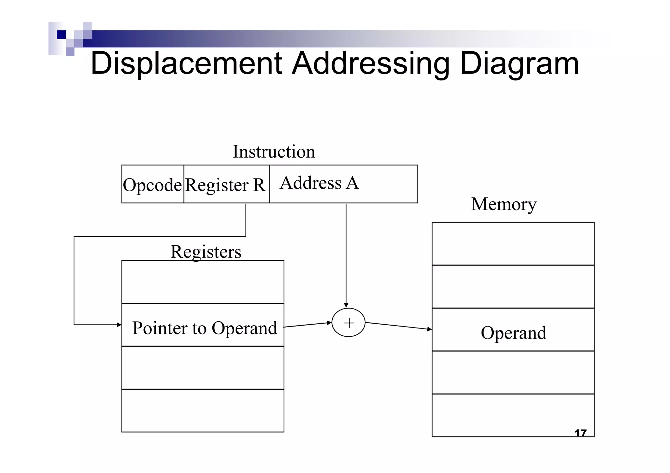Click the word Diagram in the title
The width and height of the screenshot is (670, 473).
519,64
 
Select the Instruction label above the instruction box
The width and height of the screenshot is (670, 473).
274,152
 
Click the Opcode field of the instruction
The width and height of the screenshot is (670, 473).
152,185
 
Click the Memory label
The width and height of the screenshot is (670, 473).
504,204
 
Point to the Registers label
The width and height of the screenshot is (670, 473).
206,252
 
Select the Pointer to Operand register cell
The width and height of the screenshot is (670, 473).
204,328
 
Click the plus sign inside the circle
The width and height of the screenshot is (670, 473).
349,323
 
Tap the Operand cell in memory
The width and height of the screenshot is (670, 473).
513,333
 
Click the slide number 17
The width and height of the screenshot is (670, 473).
580,433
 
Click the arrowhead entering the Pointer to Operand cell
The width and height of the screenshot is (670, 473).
119,325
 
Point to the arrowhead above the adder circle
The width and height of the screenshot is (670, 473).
346,305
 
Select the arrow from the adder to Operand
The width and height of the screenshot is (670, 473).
398,326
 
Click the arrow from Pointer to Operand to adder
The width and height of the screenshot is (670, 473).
308,325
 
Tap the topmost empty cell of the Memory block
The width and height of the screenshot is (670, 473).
513,244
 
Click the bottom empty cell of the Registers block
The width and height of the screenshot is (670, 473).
203,411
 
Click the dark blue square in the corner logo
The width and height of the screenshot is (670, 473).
61,34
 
